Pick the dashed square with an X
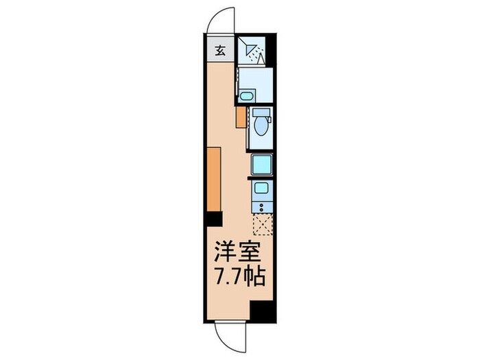click(x=262, y=224)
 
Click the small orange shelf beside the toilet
click(x=241, y=117)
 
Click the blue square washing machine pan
click(x=261, y=165)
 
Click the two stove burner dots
click(x=261, y=204)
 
